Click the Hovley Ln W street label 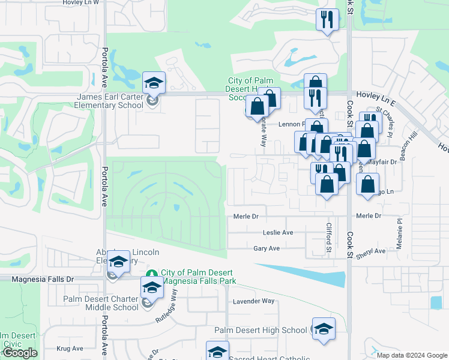[x=81, y=3]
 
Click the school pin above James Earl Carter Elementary [x=154, y=83]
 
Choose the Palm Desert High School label [x=261, y=330]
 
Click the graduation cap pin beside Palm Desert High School [x=324, y=329]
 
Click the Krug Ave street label [x=69, y=348]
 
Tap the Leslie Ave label [x=278, y=232]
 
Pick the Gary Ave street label [x=267, y=248]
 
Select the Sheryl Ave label [x=372, y=251]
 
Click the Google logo [x=20, y=353]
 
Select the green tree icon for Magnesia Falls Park [x=152, y=273]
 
